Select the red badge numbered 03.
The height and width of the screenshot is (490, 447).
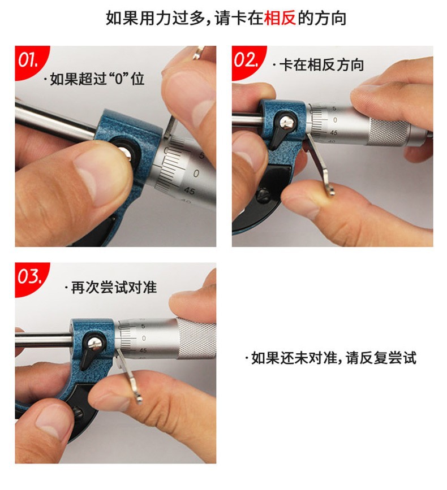coord(29,277)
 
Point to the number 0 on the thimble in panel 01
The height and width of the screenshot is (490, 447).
coord(196,173)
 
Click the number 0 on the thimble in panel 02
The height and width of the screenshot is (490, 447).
coord(336,120)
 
